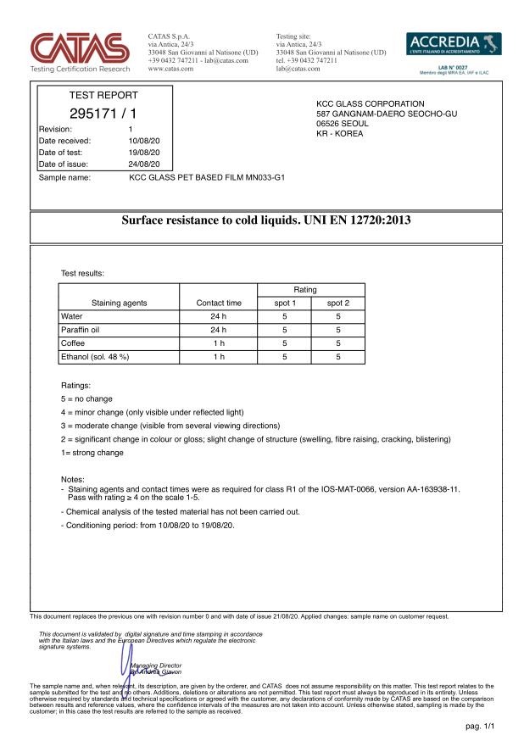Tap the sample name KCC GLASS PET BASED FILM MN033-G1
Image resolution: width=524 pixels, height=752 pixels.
tap(207, 179)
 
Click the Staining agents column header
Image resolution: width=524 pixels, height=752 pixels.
tap(118, 302)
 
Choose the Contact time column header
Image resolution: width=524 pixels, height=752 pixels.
tap(218, 302)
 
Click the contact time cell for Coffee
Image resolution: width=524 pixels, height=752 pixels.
tap(218, 343)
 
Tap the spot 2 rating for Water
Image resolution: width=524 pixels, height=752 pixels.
tap(337, 315)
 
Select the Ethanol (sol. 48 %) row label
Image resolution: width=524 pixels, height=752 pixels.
tap(95, 356)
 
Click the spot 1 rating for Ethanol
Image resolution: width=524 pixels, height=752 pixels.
tap(284, 356)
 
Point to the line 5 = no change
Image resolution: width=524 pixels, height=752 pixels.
tap(86, 398)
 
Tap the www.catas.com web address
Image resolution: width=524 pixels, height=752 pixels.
tap(170, 68)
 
